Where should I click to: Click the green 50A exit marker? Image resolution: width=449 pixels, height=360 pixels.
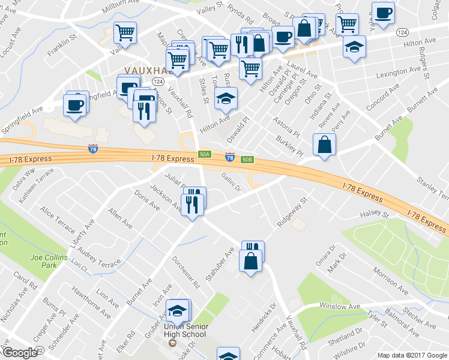pyautogui.click(x=205, y=154)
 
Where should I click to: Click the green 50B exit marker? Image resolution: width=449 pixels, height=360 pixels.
pyautogui.click(x=247, y=160)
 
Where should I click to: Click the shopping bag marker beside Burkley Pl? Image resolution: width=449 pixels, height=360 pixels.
pyautogui.click(x=324, y=145)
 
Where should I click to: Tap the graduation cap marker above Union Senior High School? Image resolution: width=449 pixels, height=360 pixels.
pyautogui.click(x=178, y=311)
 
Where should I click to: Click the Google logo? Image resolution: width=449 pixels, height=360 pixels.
pyautogui.click(x=19, y=353)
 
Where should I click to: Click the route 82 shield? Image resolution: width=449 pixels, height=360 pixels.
pyautogui.click(x=39, y=349)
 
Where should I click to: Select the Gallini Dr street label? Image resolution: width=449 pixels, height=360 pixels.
pyautogui.click(x=231, y=181)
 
